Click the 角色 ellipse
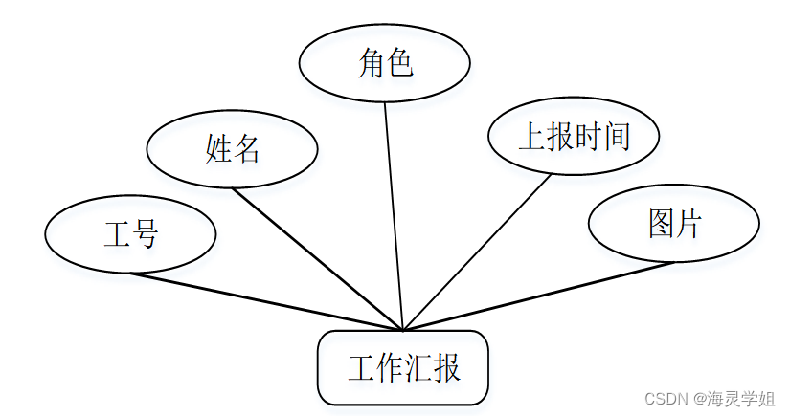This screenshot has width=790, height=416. pos(384,64)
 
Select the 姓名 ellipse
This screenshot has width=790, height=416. pos(232,149)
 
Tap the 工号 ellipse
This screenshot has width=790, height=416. pos(130,234)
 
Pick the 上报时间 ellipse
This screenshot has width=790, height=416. pos(574,137)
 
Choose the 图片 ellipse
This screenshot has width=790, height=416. pos(673,224)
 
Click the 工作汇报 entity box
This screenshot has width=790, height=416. pos(403,368)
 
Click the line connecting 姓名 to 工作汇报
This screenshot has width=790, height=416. pos(316,257)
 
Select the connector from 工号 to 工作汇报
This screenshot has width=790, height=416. pos(268,302)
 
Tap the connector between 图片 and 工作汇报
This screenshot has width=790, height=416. pos(536,296)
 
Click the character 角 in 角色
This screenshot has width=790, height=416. pos(371,64)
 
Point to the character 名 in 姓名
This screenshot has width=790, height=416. pos(246,149)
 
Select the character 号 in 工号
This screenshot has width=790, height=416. pos(145,234)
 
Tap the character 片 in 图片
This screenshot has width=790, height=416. pos(688,224)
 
